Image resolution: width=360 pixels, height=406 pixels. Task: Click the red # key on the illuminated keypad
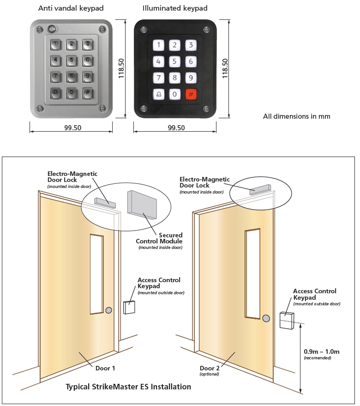(191, 94)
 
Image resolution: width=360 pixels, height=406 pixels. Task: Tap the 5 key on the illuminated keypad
(175, 61)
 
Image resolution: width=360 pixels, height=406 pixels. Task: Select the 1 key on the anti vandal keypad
(55, 45)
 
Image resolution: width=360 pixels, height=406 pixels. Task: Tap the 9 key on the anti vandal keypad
(88, 76)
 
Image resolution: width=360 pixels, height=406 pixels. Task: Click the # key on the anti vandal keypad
(88, 92)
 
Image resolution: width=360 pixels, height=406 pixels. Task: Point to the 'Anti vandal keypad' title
(71, 8)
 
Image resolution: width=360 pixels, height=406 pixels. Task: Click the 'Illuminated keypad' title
(175, 8)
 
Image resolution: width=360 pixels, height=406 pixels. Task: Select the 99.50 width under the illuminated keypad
(175, 128)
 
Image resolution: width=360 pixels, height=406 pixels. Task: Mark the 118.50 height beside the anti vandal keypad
(121, 68)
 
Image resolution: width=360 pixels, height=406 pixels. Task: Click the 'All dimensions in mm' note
(296, 116)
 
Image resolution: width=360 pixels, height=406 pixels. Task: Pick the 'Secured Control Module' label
(159, 238)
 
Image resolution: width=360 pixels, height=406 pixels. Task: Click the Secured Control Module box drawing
(142, 206)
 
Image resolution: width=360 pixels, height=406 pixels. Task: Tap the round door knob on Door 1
(108, 310)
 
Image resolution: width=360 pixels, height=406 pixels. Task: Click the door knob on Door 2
(266, 318)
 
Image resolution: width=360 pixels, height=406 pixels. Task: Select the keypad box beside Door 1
(129, 307)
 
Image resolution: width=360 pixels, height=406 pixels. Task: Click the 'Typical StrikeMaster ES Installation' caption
(128, 387)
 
